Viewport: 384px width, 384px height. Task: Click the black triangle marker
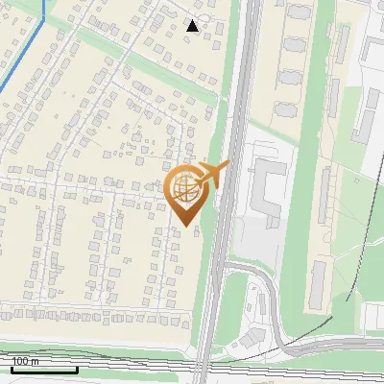[193, 26]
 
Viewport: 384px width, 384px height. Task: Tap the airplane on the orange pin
[214, 174]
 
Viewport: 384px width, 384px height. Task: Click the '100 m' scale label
[25, 361]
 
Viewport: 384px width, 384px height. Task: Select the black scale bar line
[44, 370]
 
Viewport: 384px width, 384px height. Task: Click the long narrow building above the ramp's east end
[319, 283]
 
